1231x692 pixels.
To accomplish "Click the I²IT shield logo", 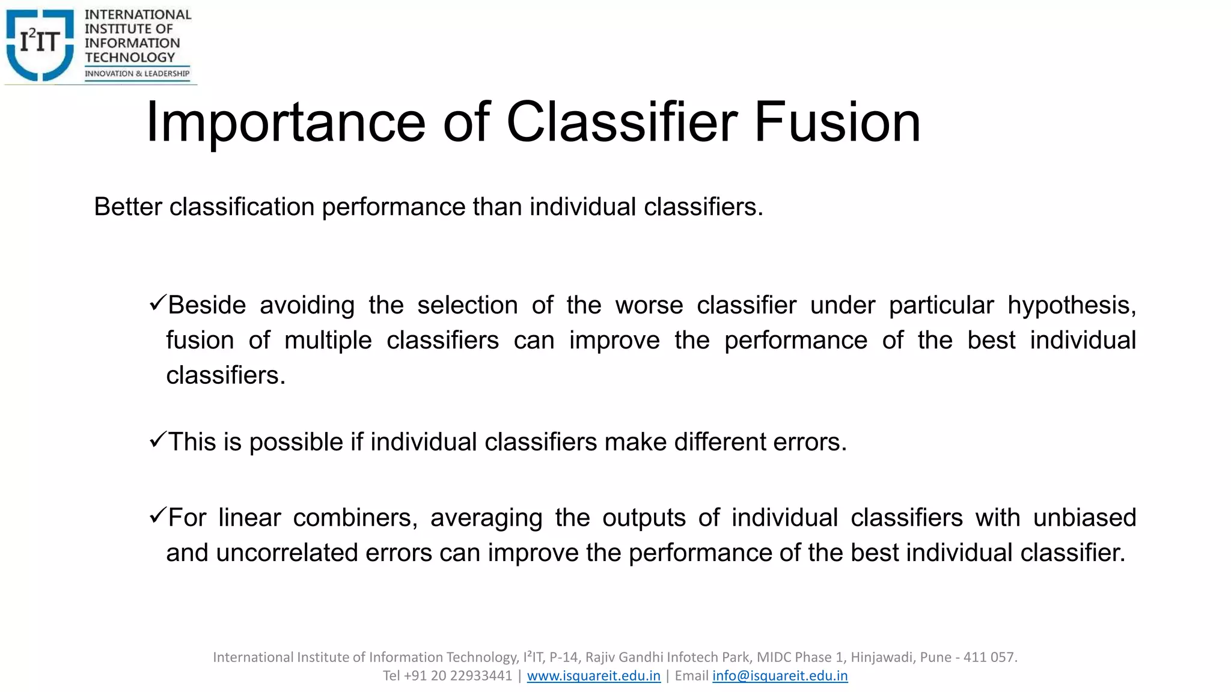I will [x=40, y=43].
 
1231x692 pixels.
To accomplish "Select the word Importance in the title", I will [x=286, y=122].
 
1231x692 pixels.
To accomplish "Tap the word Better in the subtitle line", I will [x=128, y=207].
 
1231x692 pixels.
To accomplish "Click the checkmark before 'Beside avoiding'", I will [x=157, y=303].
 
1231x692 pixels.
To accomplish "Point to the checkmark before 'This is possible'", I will [x=157, y=440].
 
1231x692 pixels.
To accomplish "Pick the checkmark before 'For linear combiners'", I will [x=157, y=515].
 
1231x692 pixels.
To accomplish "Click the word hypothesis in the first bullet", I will [x=1071, y=306].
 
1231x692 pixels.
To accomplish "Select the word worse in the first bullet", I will [x=649, y=305].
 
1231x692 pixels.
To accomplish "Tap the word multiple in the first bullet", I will [x=328, y=341].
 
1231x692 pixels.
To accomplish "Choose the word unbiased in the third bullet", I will [x=1084, y=518].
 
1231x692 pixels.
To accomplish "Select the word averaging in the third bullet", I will [x=486, y=518].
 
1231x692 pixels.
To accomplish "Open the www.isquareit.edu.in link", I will [x=593, y=676].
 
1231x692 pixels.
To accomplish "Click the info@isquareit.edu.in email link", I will [x=780, y=676].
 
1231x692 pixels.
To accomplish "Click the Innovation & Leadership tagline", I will [x=137, y=74].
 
